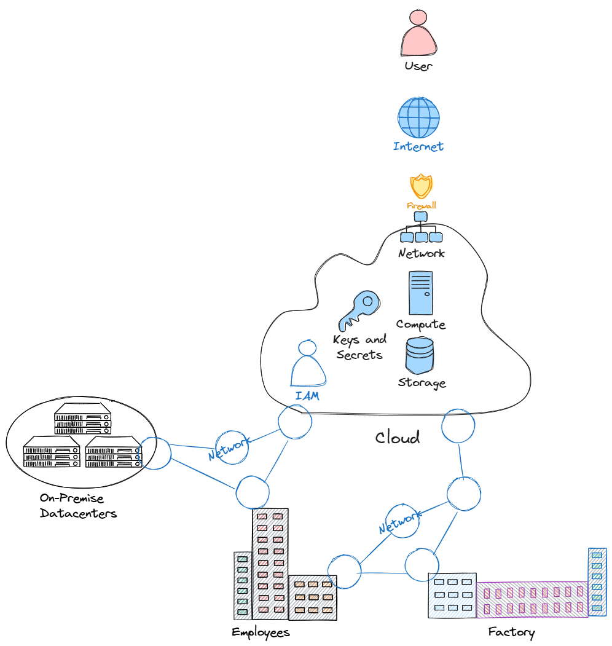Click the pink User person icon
[x=418, y=33]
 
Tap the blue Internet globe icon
[x=418, y=117]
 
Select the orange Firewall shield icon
[x=421, y=186]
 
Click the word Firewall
[x=422, y=205]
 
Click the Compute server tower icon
[x=421, y=293]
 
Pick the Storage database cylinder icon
[x=420, y=356]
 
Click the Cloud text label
[x=398, y=438]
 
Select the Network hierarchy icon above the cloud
[x=421, y=228]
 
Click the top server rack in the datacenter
[x=82, y=419]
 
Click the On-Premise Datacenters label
[x=78, y=505]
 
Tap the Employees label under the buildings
[x=261, y=632]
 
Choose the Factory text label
[x=511, y=632]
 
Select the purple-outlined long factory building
[x=532, y=599]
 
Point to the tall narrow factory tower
[x=597, y=581]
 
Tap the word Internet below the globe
[x=418, y=147]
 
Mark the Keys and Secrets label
[x=359, y=347]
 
